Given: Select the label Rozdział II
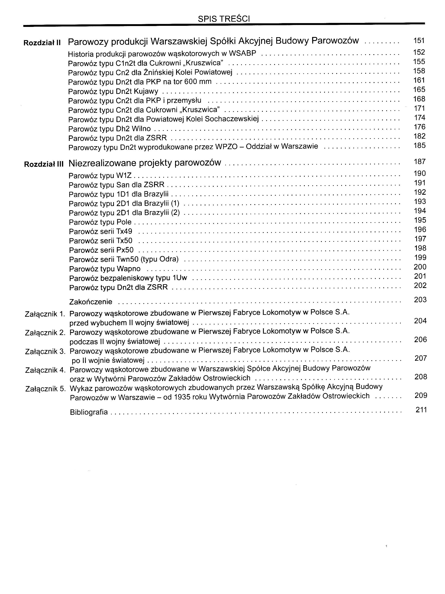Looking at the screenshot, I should [x=42, y=43].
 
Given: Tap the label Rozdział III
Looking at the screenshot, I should [x=44, y=164].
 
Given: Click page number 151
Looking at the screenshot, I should [x=419, y=41].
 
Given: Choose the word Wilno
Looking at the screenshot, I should [x=141, y=129].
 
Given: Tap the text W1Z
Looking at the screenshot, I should [x=124, y=176].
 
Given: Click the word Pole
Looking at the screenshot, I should [x=124, y=222].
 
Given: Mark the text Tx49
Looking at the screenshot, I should [x=124, y=231].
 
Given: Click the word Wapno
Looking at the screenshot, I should [x=128, y=269].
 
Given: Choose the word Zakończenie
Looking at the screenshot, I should [x=91, y=302].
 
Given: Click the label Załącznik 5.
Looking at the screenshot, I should [x=45, y=389].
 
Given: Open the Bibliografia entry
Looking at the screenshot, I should [x=89, y=412].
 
